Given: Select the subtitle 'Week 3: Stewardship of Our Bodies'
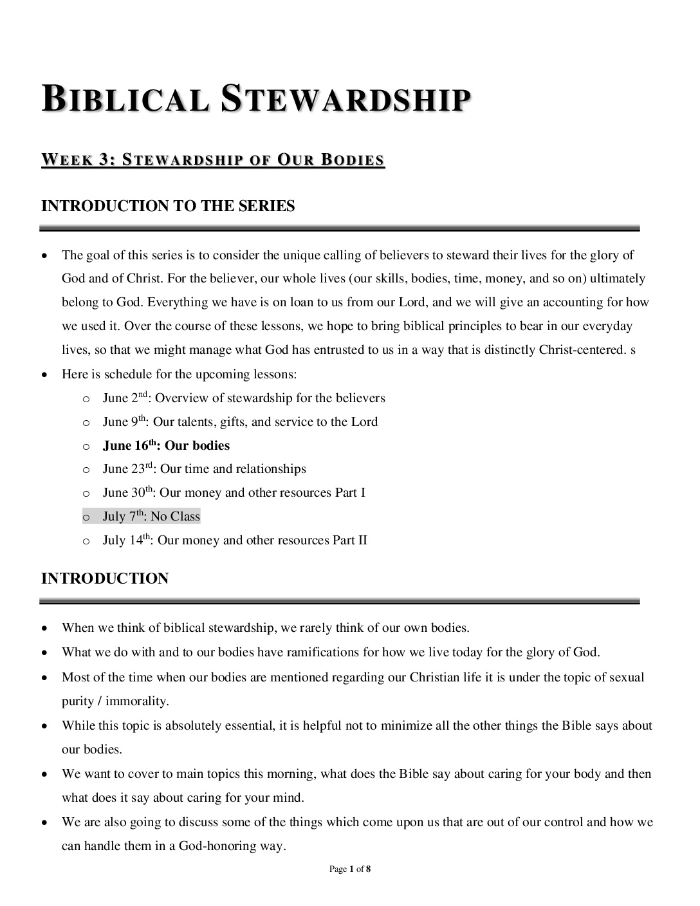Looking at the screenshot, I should (213, 160).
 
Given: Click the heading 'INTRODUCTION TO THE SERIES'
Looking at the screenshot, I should (168, 206).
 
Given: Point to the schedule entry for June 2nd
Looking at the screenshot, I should (244, 398).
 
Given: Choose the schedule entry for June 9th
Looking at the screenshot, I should (240, 422).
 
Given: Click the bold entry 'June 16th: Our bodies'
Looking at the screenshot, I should (166, 446).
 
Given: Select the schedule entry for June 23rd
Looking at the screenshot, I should (204, 469).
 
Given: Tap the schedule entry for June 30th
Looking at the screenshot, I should (234, 493).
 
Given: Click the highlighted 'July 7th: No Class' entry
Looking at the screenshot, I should (151, 517).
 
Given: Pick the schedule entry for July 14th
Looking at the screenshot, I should (235, 541).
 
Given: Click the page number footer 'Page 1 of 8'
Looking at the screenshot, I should (350, 869).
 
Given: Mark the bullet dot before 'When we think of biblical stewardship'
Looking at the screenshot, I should (44, 628).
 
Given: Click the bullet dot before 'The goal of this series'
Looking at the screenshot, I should (44, 255).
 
